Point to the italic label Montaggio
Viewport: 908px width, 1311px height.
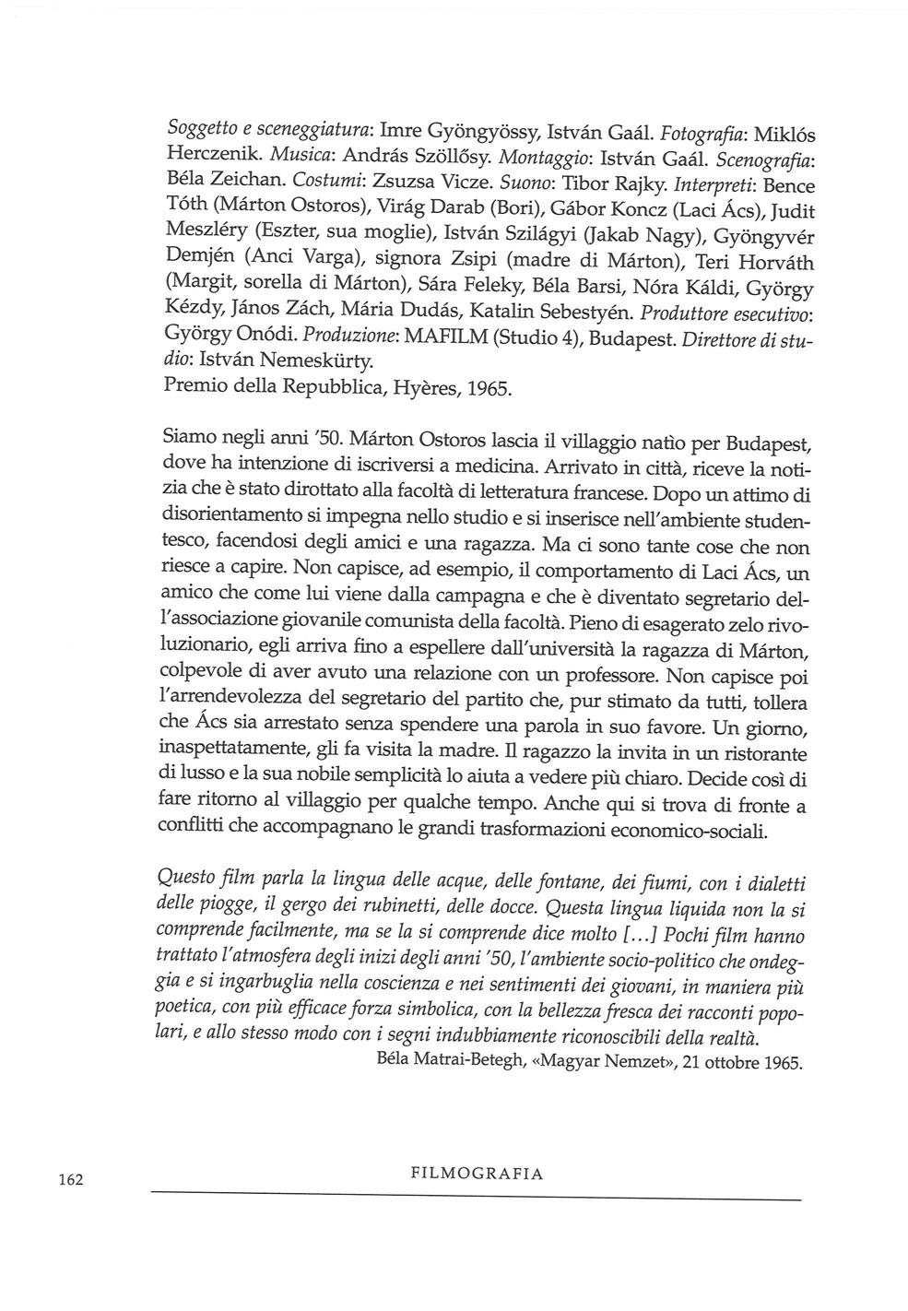click(521, 158)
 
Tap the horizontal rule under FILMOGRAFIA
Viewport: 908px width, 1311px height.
click(476, 1197)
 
